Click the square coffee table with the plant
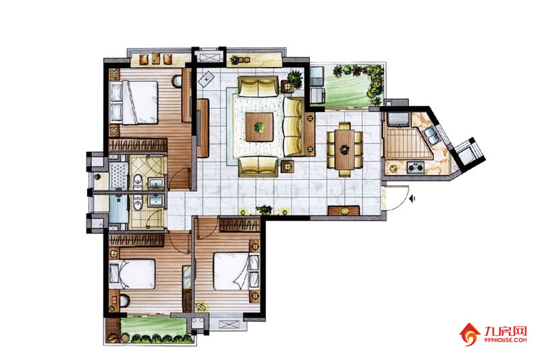260,127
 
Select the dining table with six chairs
344,149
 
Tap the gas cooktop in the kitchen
415,168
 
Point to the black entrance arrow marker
413,199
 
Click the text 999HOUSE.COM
505,340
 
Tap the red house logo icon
470,334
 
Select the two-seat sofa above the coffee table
259,86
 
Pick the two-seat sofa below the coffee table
259,166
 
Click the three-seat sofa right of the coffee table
294,127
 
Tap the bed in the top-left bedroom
134,102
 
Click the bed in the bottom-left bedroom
132,274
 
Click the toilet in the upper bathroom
138,181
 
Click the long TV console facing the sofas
203,128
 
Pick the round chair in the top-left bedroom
177,80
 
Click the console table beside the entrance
344,211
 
